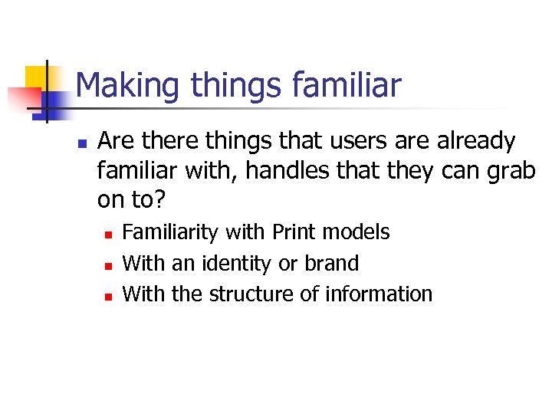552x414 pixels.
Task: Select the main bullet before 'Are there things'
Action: (x=80, y=143)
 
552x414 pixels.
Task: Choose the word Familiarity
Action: (x=171, y=232)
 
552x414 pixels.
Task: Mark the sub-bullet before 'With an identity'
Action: (x=109, y=264)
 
